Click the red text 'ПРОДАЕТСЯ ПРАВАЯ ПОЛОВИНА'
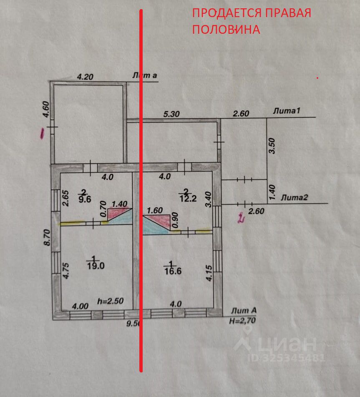(252, 21)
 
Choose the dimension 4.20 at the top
(85, 77)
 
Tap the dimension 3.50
(272, 146)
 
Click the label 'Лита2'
(295, 198)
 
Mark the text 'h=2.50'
(110, 301)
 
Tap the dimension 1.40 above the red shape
(119, 204)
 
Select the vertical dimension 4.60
(46, 111)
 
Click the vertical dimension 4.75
(65, 271)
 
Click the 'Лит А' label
(244, 311)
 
